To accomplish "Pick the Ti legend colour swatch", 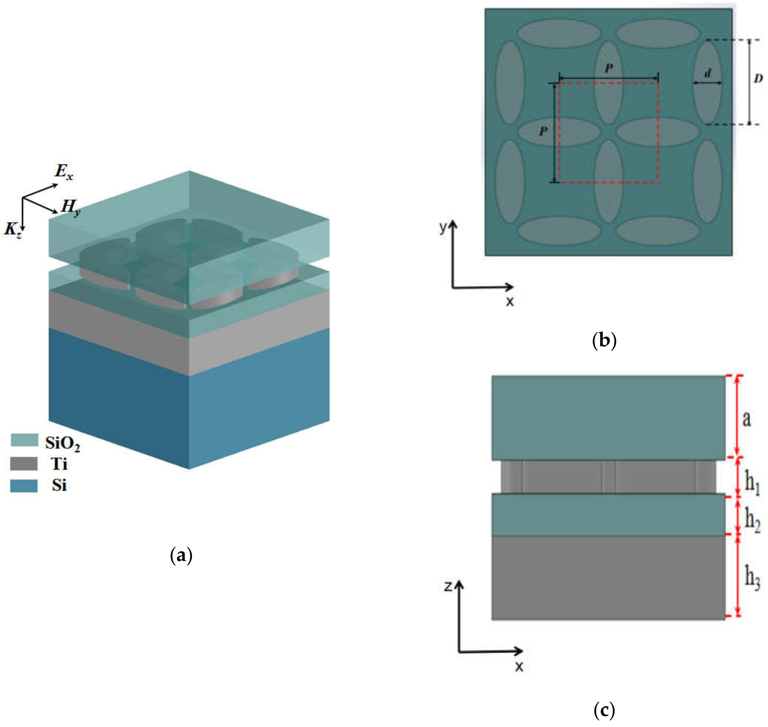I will click(x=24, y=464).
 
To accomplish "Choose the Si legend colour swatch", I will click(x=24, y=485).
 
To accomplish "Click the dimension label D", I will click(x=758, y=79).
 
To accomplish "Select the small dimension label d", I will click(x=708, y=73).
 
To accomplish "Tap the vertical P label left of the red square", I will click(x=543, y=131).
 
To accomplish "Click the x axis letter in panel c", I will click(x=519, y=667).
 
